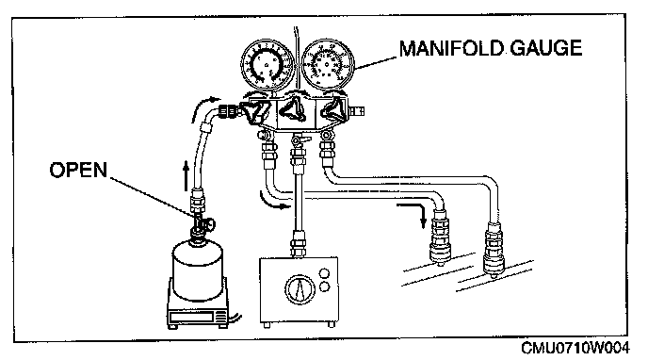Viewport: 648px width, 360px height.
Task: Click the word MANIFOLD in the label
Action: click(x=451, y=48)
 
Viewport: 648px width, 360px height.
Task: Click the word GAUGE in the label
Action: click(x=546, y=48)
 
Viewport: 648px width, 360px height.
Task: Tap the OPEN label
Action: click(x=78, y=170)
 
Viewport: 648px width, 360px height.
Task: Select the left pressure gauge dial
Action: click(x=267, y=64)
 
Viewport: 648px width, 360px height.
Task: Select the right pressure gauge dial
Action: click(x=328, y=64)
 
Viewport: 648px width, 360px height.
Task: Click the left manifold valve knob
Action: click(x=255, y=111)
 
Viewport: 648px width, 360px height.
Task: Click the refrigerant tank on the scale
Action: click(x=198, y=270)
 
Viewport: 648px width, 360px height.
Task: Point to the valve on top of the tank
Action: click(x=202, y=225)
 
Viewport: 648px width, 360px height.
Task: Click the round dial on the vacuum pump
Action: click(x=300, y=289)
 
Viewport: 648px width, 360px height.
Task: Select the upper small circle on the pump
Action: click(x=325, y=273)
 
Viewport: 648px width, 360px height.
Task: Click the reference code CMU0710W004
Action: click(x=575, y=349)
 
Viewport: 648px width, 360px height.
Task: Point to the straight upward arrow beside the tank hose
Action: click(x=186, y=175)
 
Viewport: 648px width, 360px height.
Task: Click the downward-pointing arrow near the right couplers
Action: click(x=414, y=213)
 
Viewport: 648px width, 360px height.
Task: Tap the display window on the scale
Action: click(x=191, y=318)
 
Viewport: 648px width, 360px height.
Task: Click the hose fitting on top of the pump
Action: click(x=298, y=245)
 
